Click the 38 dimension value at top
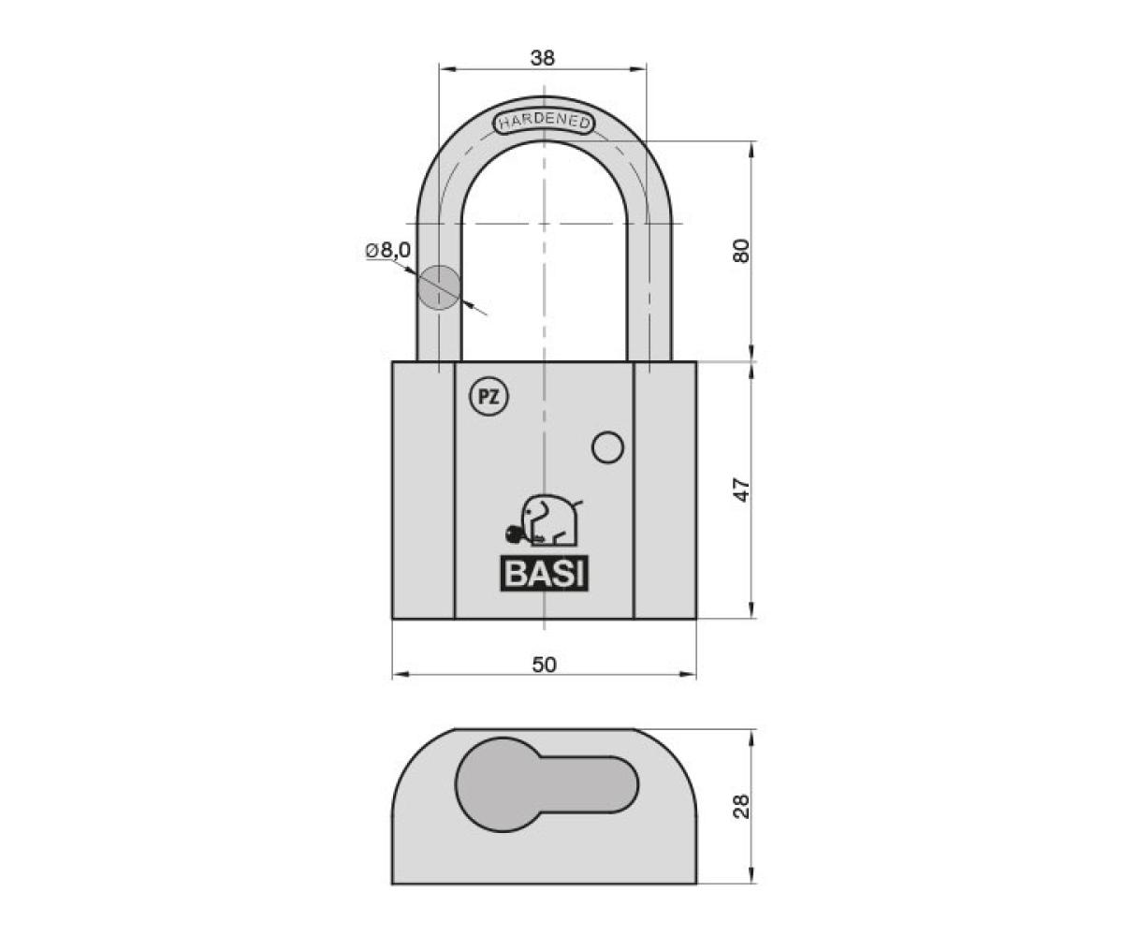[x=542, y=57]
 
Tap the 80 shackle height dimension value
[x=742, y=251]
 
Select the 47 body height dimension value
[x=742, y=489]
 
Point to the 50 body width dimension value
[x=544, y=665]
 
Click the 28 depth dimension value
[x=742, y=806]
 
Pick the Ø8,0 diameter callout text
[x=387, y=250]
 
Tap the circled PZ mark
[x=489, y=398]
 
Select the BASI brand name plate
[x=545, y=574]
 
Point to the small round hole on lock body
[x=607, y=447]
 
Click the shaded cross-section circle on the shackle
[x=440, y=287]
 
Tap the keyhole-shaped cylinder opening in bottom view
[x=547, y=785]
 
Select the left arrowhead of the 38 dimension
[x=447, y=69]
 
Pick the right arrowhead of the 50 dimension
[x=688, y=675]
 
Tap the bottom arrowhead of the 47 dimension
[x=751, y=610]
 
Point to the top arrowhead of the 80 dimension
[x=751, y=150]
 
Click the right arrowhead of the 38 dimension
[x=638, y=69]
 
